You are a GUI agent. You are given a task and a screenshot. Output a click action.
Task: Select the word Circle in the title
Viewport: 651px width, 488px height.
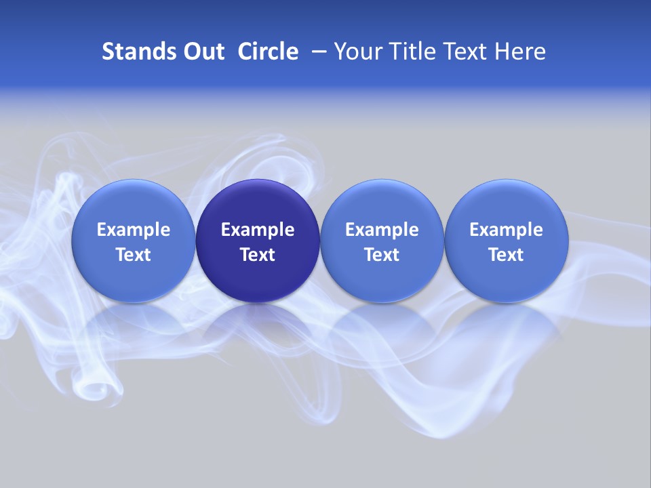click(x=268, y=52)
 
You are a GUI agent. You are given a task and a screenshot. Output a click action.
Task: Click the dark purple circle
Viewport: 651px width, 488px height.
click(x=258, y=241)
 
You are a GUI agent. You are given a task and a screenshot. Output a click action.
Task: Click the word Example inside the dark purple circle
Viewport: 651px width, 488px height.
click(x=258, y=230)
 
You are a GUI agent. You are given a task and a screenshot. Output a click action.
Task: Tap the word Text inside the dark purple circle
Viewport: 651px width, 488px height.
click(x=258, y=255)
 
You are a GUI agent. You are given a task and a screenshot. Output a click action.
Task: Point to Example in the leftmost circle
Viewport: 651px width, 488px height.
click(x=133, y=230)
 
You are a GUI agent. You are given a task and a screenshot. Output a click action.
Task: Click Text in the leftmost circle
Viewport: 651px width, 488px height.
click(x=133, y=255)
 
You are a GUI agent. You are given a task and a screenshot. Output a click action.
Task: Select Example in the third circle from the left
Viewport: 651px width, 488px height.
click(x=382, y=230)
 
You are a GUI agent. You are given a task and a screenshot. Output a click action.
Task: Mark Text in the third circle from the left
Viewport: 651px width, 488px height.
click(x=382, y=255)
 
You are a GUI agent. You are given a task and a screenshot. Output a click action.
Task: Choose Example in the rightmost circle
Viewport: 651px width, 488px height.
click(x=506, y=230)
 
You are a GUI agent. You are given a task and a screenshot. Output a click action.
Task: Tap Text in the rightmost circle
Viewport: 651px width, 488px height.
click(x=506, y=255)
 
